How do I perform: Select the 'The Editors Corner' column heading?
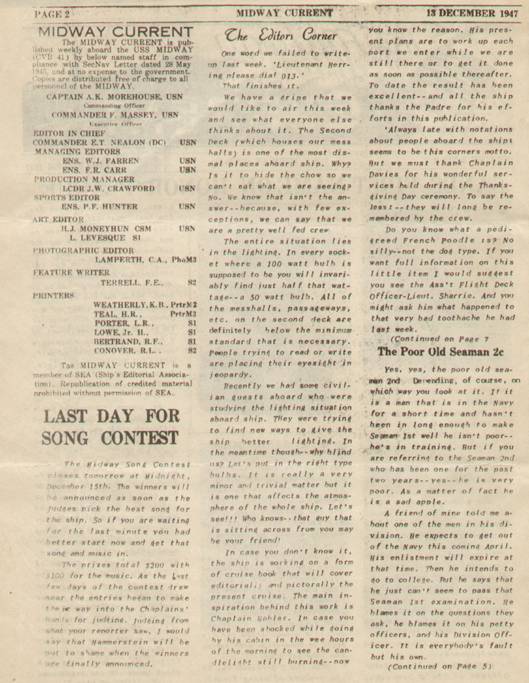coord(280,35)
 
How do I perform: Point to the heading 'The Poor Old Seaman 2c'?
coord(440,351)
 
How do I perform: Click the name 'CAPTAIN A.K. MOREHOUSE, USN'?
coord(115,97)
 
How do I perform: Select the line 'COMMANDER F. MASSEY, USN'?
coord(115,115)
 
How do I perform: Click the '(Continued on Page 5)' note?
coord(439,665)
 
